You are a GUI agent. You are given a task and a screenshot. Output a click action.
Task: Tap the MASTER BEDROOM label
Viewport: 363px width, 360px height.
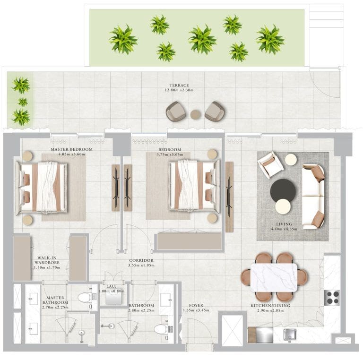point(71,149)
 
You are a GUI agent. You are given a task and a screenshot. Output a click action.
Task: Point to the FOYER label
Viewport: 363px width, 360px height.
point(193,305)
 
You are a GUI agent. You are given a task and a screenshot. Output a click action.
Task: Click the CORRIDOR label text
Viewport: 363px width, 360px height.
point(141,260)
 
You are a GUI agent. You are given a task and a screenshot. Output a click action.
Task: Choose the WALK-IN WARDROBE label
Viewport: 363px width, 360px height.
point(46,261)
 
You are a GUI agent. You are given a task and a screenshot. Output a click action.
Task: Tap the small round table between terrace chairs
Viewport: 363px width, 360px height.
point(195,114)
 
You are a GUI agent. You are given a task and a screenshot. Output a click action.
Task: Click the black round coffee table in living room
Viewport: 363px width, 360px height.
point(283,190)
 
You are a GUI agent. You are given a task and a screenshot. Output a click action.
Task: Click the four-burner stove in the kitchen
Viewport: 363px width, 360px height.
point(332,297)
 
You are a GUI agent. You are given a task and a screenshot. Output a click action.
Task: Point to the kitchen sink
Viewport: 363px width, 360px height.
point(290,334)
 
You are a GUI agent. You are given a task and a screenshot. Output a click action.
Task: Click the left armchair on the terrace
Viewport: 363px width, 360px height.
point(176,111)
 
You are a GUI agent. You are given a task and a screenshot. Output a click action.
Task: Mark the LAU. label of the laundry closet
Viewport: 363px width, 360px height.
point(112,286)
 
